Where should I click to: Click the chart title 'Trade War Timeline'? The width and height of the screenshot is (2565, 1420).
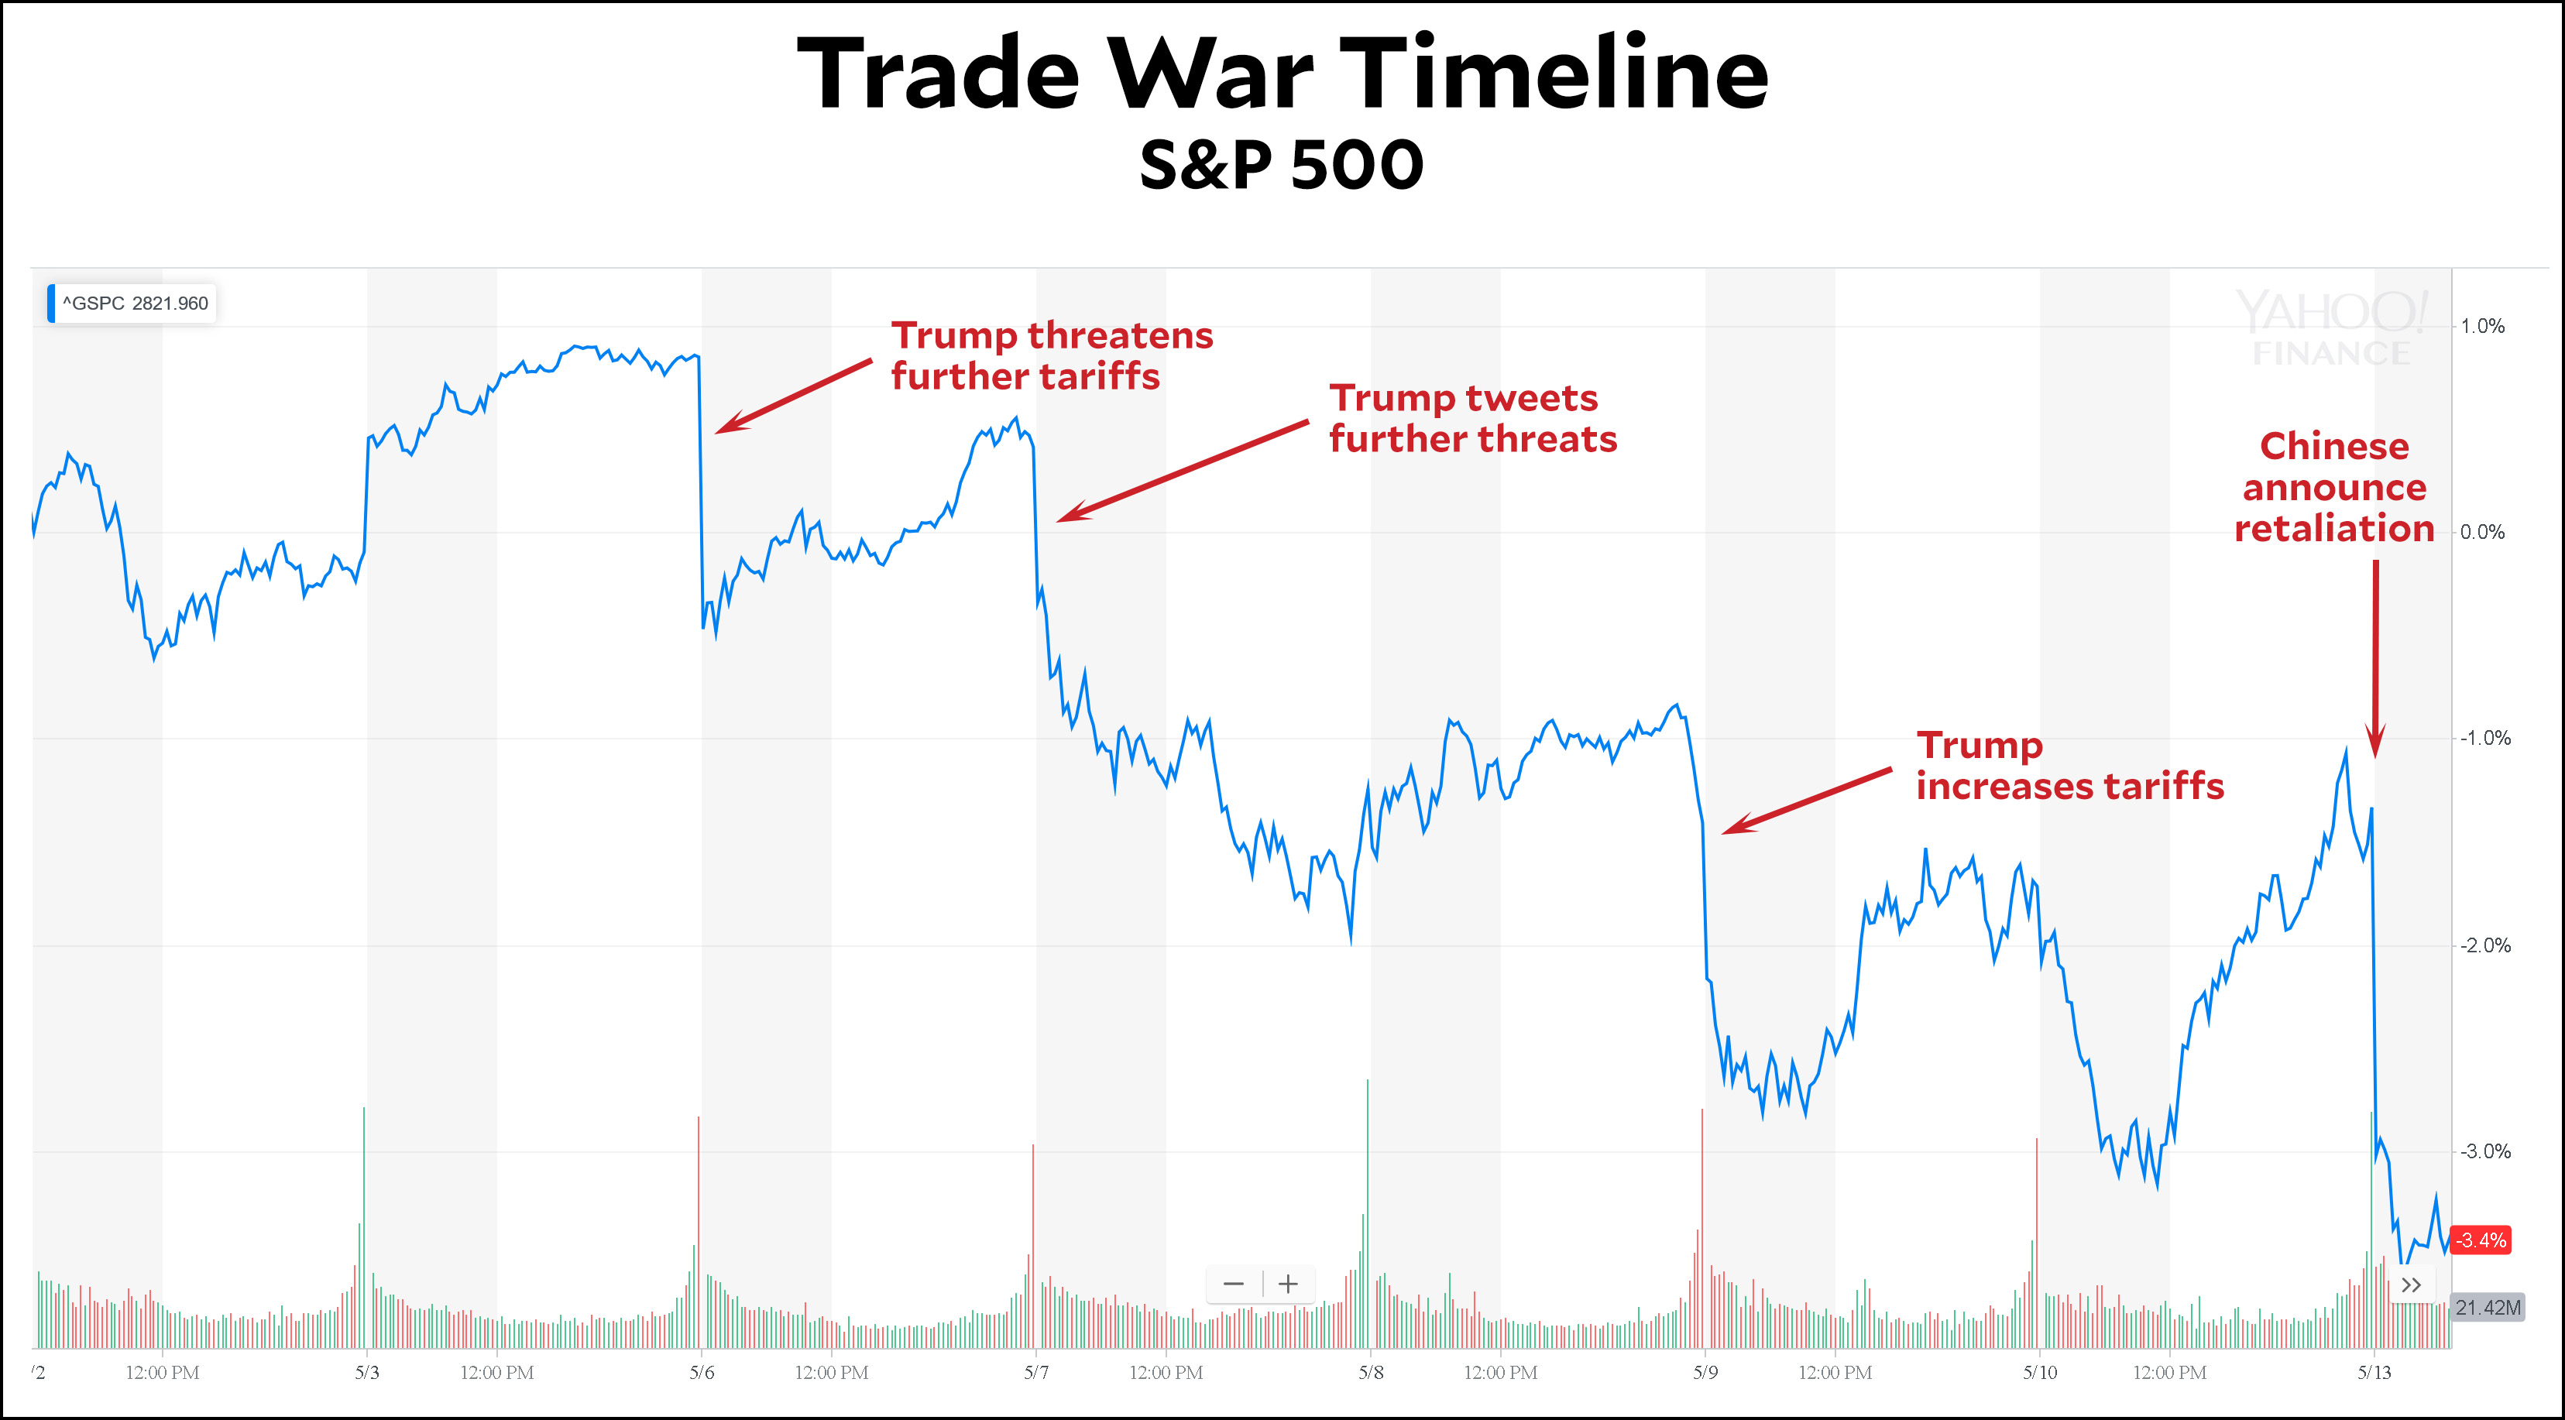[1282, 74]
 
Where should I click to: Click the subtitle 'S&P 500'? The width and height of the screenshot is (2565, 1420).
[1282, 164]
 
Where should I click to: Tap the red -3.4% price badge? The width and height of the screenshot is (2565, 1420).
[2478, 1240]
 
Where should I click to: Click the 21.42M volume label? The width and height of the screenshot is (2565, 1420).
[2486, 1308]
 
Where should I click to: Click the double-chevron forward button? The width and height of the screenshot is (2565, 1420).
[2411, 1285]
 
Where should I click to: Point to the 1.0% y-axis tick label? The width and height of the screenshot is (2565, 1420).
[2481, 327]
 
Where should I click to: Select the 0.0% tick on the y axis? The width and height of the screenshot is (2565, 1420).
[2481, 532]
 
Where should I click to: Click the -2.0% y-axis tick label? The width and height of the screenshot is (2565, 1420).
[2484, 945]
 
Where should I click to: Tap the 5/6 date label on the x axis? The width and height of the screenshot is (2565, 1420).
[701, 1372]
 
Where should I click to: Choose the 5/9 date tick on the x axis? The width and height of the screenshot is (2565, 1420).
[1705, 1372]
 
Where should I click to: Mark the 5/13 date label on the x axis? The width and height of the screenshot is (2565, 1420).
[2374, 1372]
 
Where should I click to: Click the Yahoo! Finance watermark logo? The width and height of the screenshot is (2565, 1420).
[2331, 327]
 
